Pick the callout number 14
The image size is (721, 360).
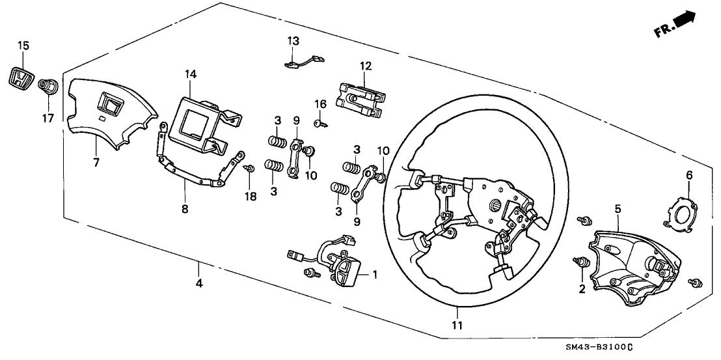point(190,75)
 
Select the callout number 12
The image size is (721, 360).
point(365,66)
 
